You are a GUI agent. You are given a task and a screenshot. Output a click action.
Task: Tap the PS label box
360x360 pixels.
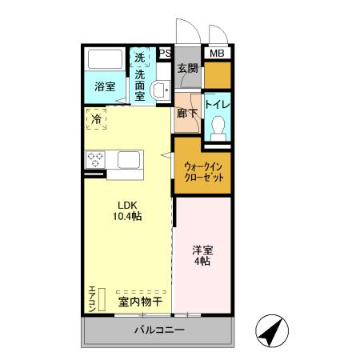coord(165,54)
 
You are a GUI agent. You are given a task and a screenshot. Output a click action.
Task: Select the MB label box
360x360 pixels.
coord(217,54)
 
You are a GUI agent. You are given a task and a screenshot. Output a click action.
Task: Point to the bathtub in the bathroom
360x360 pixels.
coord(105,62)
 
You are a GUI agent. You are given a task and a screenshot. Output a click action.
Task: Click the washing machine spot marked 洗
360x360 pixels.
coord(140,58)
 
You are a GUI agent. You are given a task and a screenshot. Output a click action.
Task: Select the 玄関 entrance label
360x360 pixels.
coord(187,69)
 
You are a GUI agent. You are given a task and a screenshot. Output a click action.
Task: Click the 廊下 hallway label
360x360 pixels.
coord(186,113)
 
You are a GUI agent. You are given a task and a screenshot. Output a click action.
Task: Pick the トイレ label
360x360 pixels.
coord(218,105)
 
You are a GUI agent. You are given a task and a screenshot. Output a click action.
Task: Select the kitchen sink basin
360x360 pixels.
coord(130,159)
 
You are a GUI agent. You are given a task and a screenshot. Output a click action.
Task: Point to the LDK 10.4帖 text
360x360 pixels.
coord(126,210)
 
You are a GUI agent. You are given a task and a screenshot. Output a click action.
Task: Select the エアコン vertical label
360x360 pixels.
coord(92,298)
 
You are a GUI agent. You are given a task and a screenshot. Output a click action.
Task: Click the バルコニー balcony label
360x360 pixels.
coord(159,330)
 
